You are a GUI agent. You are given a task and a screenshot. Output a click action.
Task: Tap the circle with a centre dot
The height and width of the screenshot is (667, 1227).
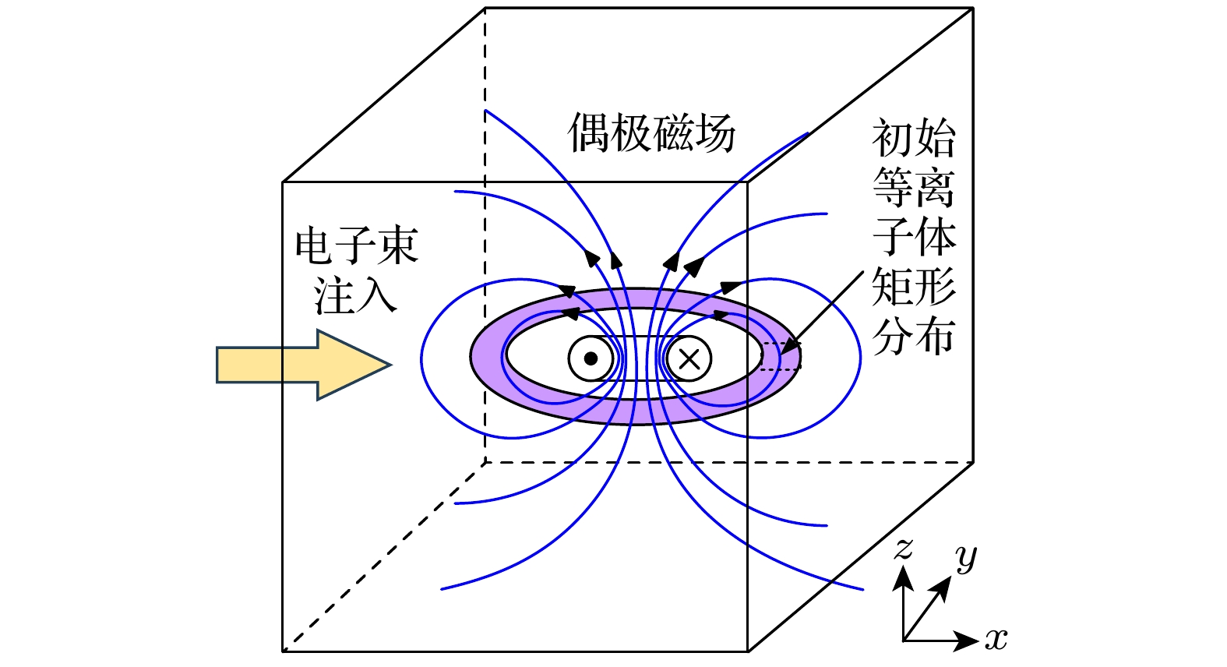tap(591, 358)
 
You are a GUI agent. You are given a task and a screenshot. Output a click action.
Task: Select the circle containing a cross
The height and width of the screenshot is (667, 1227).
tap(689, 358)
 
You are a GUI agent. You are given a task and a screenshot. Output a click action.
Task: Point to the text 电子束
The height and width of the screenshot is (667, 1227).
tap(357, 245)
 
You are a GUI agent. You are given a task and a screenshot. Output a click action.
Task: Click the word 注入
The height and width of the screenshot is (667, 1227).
tap(355, 296)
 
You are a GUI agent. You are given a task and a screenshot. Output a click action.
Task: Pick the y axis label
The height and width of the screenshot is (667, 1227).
tap(966, 557)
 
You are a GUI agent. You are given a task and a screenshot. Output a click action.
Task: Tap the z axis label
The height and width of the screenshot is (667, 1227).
tap(903, 549)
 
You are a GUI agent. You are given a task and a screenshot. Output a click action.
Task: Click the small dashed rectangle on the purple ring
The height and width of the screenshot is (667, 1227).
tap(781, 356)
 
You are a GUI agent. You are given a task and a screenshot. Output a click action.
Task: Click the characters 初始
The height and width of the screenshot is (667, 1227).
tap(913, 139)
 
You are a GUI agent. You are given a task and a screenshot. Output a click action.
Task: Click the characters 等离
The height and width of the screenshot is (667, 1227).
tap(913, 188)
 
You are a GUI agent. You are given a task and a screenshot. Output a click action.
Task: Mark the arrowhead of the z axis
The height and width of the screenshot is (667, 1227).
tap(903, 577)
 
